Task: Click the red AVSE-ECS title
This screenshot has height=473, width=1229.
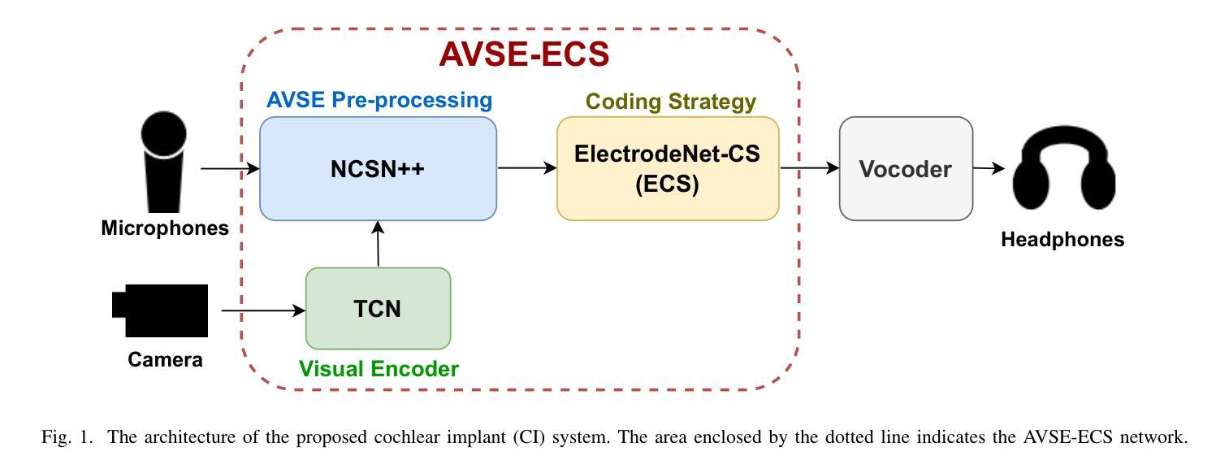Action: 524,54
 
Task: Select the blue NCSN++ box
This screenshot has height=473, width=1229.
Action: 378,168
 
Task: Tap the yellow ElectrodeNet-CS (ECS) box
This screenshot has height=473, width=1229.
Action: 668,168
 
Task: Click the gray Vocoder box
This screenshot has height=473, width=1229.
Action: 906,168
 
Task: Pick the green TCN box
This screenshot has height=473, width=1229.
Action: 378,308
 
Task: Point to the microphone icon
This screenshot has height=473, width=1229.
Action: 163,162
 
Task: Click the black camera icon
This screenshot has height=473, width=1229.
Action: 160,310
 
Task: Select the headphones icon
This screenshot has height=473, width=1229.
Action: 1064,167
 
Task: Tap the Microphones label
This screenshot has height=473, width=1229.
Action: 165,228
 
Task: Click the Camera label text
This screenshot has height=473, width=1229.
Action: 165,359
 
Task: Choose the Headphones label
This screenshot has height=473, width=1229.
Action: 1062,239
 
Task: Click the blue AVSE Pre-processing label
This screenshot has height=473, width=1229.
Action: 379,100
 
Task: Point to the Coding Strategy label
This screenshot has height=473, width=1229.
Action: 670,102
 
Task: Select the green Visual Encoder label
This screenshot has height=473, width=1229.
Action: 379,369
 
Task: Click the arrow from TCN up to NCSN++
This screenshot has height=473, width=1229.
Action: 378,244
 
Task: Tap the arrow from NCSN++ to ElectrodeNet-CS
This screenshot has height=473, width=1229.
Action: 527,168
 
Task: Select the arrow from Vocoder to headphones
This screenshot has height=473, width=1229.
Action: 989,168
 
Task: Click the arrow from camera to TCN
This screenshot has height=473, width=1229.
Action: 263,310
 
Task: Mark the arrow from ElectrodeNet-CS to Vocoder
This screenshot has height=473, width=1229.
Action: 810,168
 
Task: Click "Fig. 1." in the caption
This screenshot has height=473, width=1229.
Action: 67,437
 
